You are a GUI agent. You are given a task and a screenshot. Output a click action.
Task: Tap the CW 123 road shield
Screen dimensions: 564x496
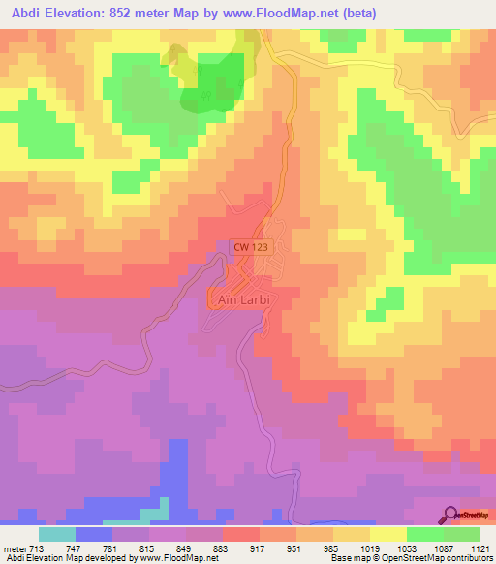(x=250, y=248)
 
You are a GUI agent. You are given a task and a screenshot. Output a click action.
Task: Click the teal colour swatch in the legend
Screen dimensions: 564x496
(x=56, y=534)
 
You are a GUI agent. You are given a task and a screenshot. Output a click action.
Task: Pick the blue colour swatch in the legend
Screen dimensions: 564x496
(x=93, y=534)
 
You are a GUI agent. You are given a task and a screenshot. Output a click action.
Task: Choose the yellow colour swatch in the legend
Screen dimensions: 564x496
(x=387, y=534)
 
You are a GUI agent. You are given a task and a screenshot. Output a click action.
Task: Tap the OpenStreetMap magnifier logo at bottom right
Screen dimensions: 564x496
(x=451, y=515)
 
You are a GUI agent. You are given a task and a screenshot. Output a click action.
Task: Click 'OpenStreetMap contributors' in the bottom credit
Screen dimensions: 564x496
(x=437, y=558)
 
